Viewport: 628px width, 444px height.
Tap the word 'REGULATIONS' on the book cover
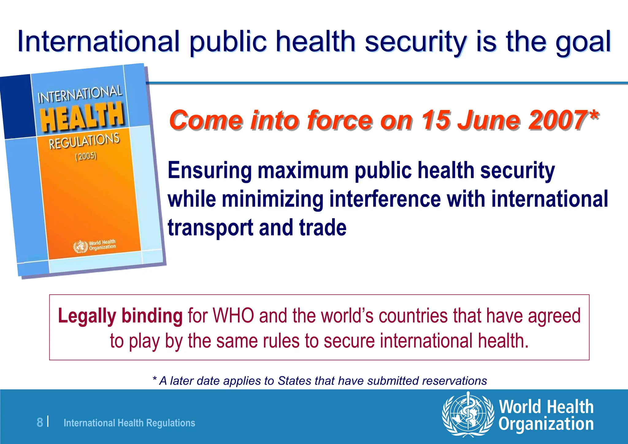point(84,141)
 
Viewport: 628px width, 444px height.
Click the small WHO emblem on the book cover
point(80,247)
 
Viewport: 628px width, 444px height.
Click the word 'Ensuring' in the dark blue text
point(209,170)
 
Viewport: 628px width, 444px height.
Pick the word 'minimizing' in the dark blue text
point(273,199)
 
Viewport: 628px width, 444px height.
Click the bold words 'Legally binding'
point(120,316)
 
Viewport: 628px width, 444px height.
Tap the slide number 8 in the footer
point(40,423)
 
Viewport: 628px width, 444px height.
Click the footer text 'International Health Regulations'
point(129,423)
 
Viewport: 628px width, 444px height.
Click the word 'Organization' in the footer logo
point(546,424)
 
